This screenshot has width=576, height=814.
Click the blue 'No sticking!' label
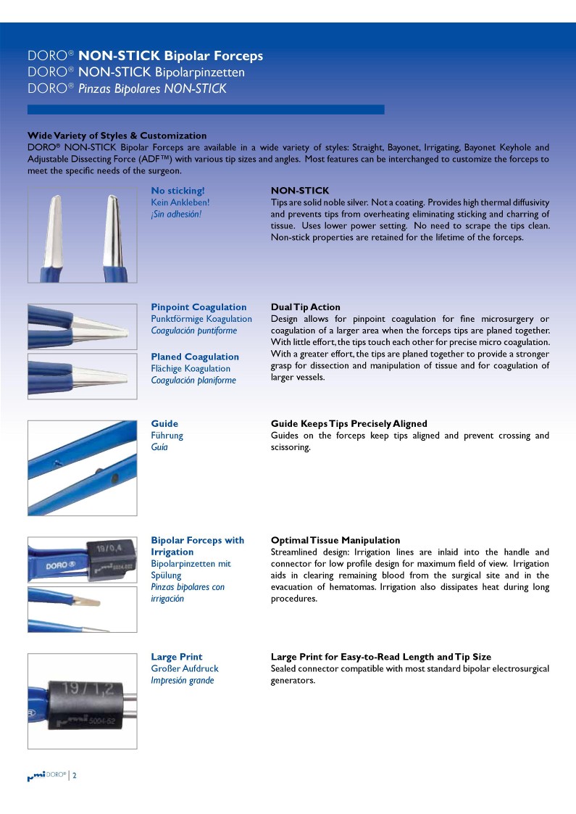[x=178, y=191]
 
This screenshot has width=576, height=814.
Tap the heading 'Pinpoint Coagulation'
[x=199, y=307]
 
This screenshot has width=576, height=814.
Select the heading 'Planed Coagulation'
[x=194, y=357]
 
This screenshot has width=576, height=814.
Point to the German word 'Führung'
[x=167, y=436]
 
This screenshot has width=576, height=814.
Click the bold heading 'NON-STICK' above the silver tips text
[x=299, y=191]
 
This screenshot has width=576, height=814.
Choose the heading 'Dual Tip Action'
[x=305, y=307]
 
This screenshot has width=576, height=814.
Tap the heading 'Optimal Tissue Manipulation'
[x=335, y=540]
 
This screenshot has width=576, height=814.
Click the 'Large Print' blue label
[x=176, y=657]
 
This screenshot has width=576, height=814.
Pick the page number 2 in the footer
[x=74, y=776]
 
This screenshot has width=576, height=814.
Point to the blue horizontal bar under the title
[x=206, y=109]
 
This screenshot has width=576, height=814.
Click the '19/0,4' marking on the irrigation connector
[x=101, y=550]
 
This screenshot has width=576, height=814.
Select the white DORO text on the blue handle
[x=57, y=564]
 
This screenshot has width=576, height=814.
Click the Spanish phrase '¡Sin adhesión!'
[x=176, y=214]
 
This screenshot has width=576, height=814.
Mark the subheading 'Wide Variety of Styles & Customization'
[x=117, y=136]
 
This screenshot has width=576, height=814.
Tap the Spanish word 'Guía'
[x=159, y=447]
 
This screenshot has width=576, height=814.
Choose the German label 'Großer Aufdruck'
[x=184, y=668]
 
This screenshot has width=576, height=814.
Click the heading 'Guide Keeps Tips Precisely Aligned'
[x=348, y=423]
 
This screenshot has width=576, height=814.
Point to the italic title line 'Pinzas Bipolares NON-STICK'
[x=127, y=88]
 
